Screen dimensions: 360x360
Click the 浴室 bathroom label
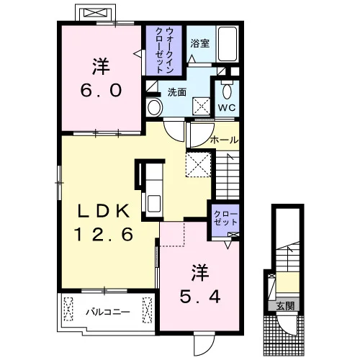200,43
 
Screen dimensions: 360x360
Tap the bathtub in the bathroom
228,43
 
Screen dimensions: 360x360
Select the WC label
227,107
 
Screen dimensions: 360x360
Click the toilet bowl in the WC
227,91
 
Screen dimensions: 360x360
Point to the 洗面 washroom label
177,92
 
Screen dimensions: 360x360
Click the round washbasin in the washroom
154,107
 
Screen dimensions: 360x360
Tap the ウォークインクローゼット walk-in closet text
165,50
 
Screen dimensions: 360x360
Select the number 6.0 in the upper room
101,90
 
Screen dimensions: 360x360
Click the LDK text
104,211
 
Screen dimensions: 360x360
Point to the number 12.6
104,234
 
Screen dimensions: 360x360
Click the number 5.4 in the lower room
200,297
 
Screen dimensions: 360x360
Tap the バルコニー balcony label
108,312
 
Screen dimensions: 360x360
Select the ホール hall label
224,140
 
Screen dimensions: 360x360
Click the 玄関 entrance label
285,306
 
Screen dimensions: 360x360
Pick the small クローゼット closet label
225,218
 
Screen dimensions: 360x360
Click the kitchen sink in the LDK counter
154,203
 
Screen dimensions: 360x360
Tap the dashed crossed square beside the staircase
199,165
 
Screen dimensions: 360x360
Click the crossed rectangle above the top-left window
96,12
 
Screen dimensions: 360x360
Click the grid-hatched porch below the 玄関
284,336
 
